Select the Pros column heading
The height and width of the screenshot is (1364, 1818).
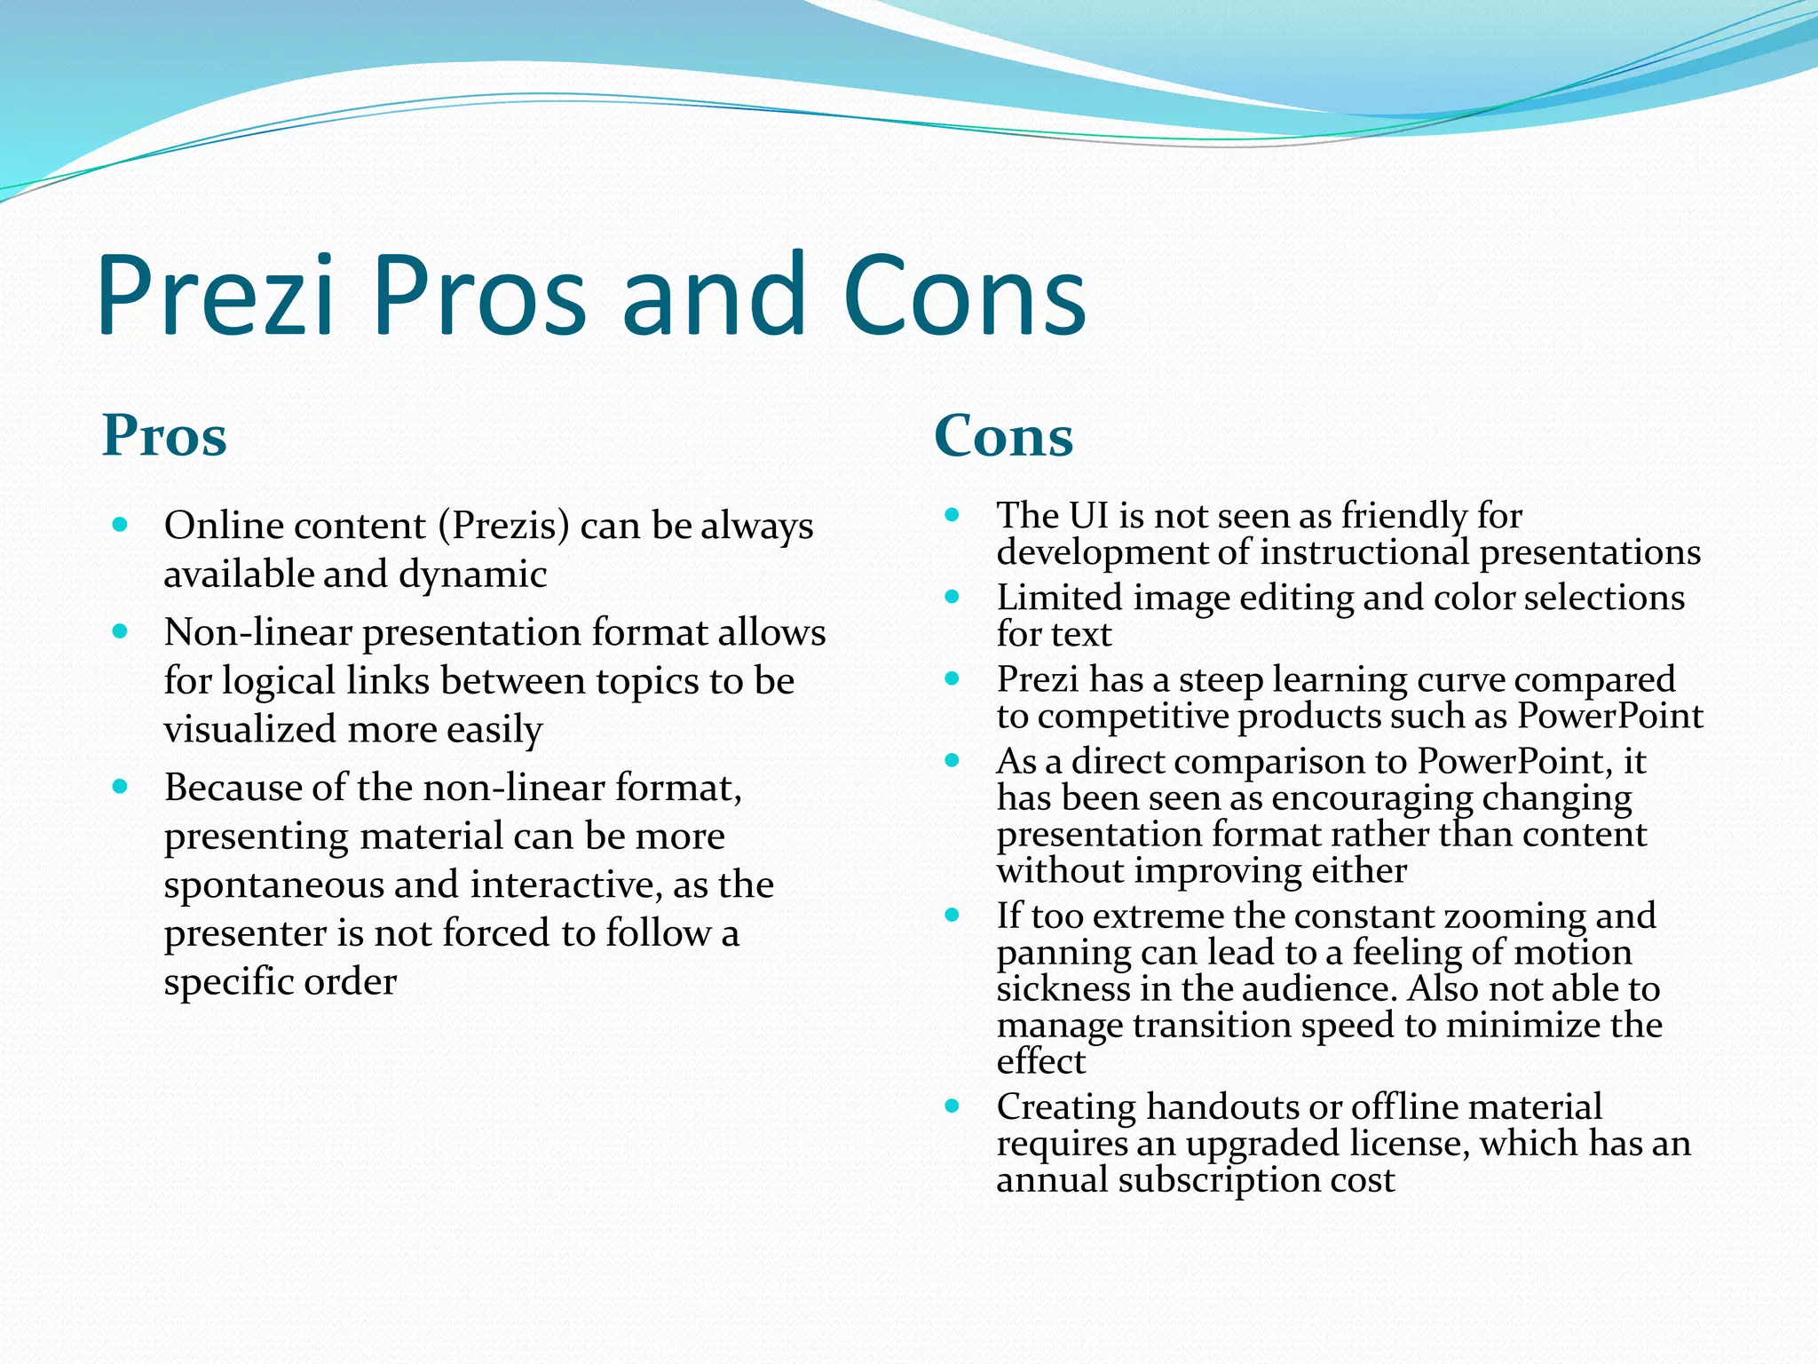tap(164, 436)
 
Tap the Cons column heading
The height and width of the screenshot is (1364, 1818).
tap(1003, 436)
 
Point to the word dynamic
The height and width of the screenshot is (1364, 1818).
tap(472, 574)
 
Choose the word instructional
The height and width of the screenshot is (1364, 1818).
tap(1364, 552)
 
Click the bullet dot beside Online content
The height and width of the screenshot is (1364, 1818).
tap(121, 524)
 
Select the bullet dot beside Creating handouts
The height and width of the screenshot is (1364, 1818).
tap(952, 1106)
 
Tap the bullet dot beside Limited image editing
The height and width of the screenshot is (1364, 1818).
tap(952, 597)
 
